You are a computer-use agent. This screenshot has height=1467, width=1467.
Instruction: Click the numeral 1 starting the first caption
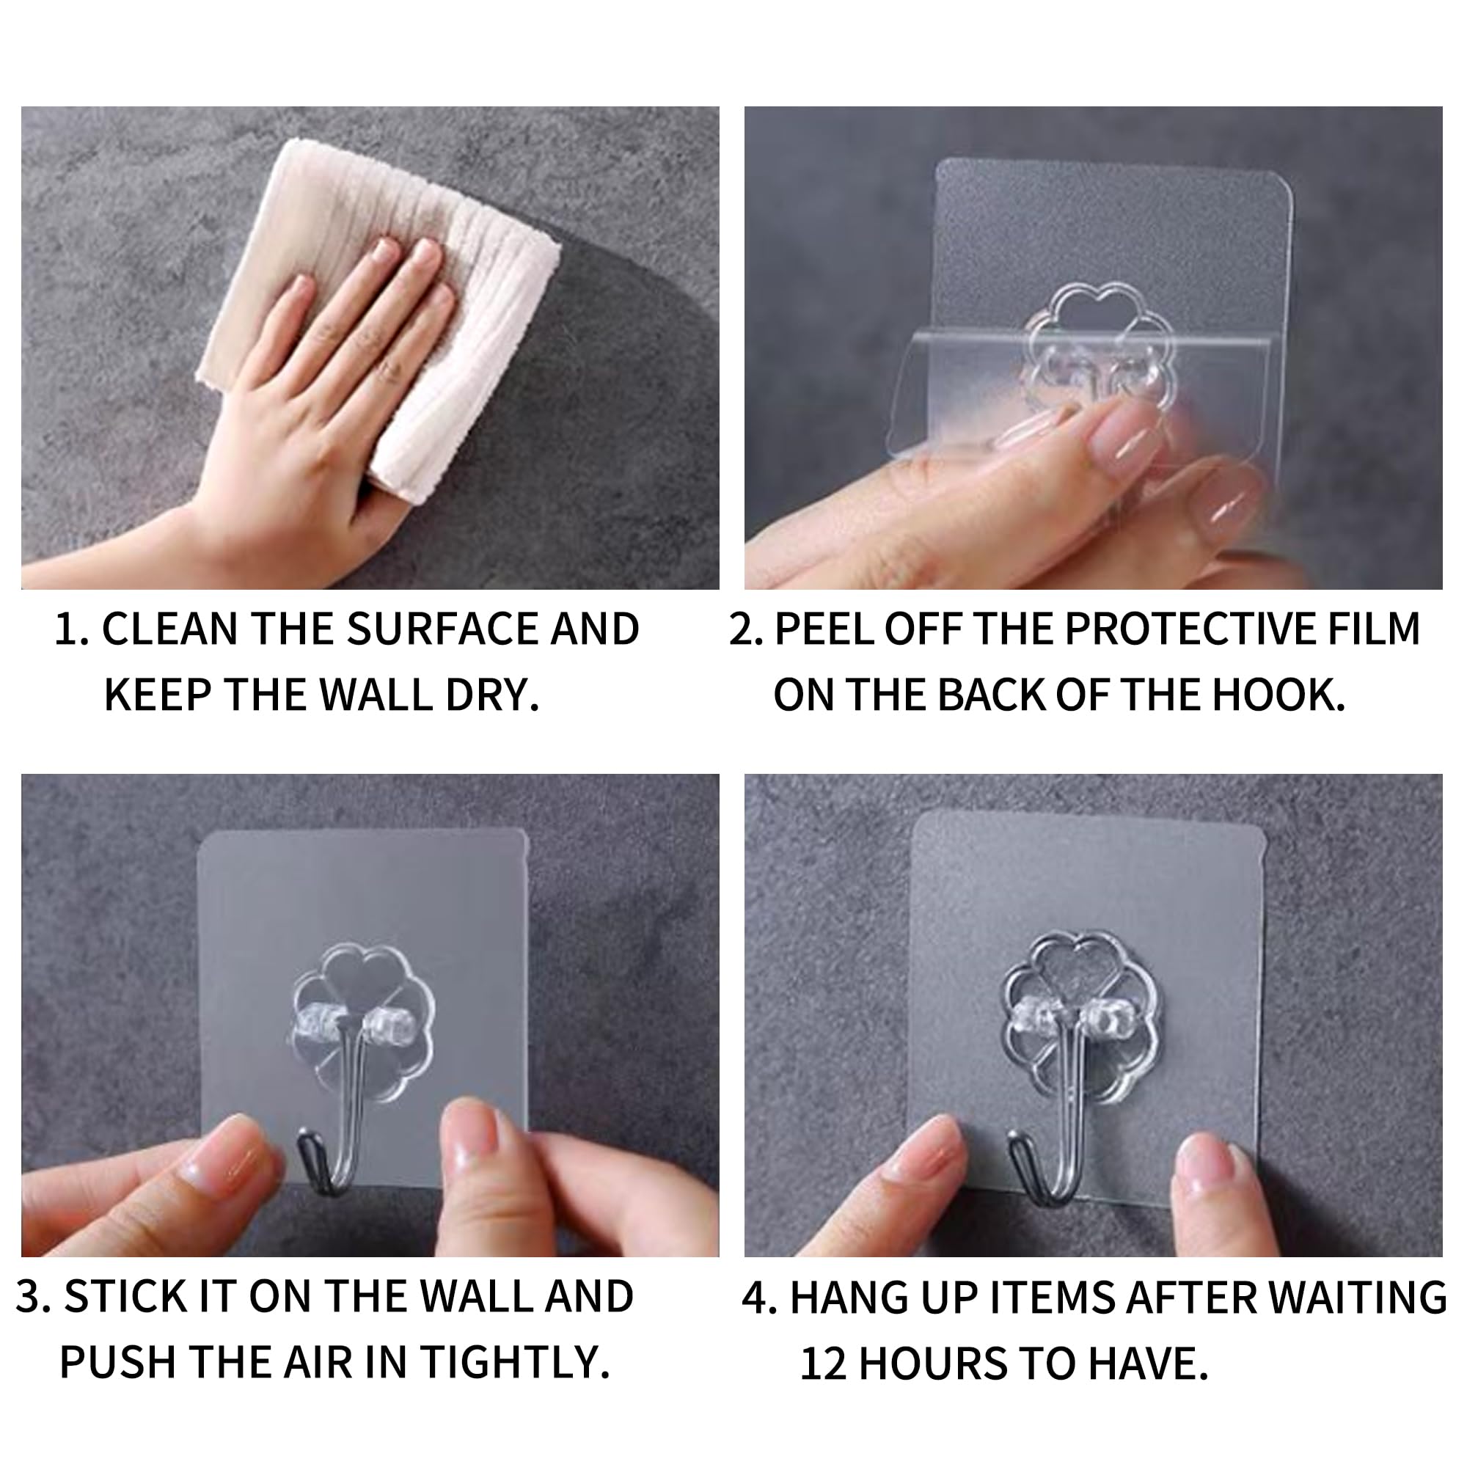pos(67,629)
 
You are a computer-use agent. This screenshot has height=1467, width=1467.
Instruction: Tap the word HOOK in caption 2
pos(1278,695)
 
